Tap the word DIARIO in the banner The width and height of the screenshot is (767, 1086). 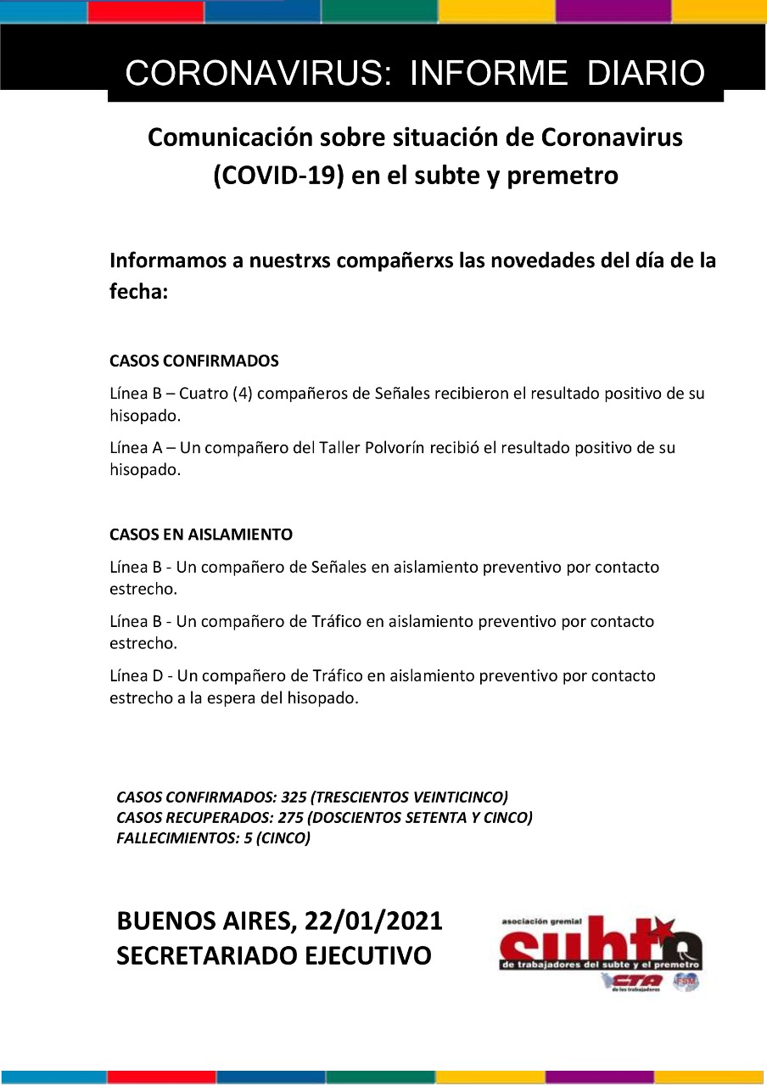646,74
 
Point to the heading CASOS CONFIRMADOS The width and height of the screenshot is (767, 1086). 194,361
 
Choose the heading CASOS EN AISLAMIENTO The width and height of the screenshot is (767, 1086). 201,535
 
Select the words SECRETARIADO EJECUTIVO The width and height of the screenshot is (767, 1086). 274,956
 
